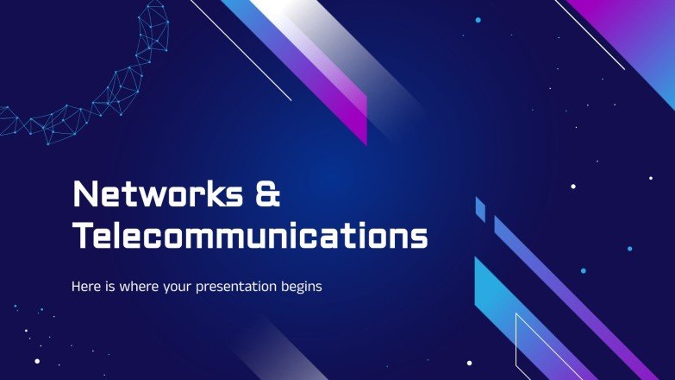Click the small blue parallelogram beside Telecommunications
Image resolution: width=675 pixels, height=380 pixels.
click(480, 208)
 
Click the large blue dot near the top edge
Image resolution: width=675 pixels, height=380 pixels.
click(478, 19)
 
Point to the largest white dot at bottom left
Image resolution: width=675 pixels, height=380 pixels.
click(36, 362)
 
